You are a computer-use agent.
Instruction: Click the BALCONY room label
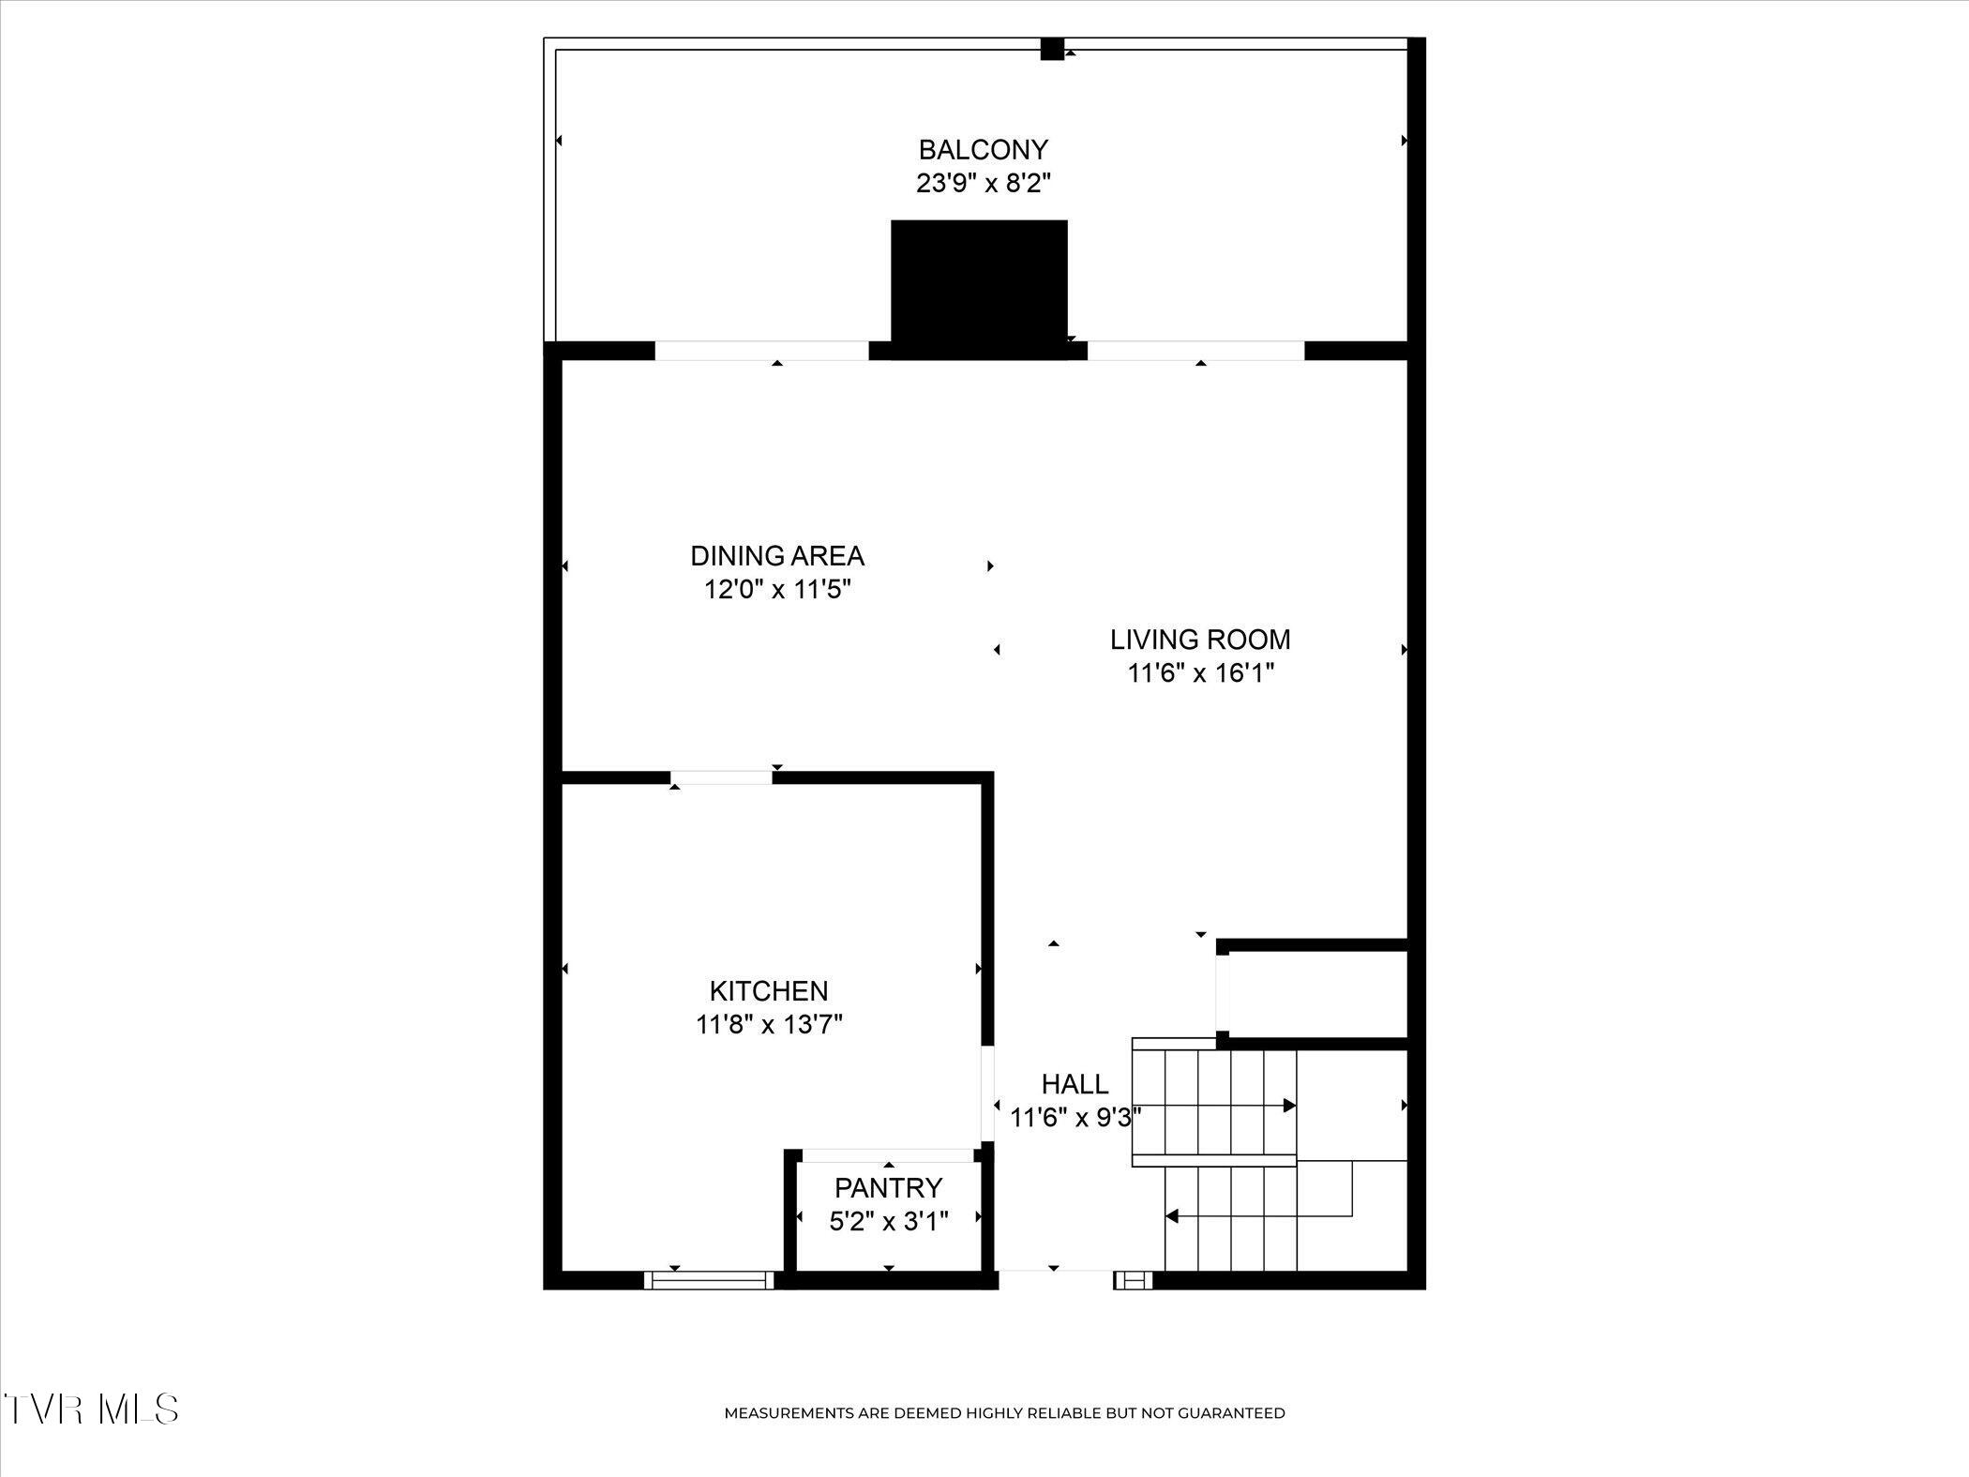click(x=983, y=149)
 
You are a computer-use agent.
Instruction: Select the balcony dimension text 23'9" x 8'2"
click(x=983, y=183)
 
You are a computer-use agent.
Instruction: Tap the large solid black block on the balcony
click(x=979, y=289)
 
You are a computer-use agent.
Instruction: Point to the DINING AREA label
click(x=777, y=556)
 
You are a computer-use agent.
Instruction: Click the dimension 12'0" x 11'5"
click(x=777, y=590)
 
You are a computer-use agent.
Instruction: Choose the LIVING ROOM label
click(x=1200, y=640)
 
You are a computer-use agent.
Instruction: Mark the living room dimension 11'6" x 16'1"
click(x=1200, y=673)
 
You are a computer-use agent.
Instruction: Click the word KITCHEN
click(x=769, y=990)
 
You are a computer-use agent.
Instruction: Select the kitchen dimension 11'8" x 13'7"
click(x=769, y=1024)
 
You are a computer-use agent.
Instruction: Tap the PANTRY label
click(x=888, y=1188)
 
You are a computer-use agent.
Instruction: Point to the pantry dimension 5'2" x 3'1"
click(x=889, y=1221)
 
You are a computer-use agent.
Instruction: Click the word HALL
click(x=1075, y=1084)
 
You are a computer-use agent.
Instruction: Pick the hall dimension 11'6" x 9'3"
click(x=1075, y=1118)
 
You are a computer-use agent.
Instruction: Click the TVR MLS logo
click(x=91, y=1409)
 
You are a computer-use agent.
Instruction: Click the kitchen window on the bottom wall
click(x=710, y=1280)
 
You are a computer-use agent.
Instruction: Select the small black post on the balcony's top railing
click(x=1052, y=49)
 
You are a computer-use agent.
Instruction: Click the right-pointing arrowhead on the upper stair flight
click(x=1289, y=1106)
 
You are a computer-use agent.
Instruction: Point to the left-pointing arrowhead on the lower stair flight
click(x=1171, y=1216)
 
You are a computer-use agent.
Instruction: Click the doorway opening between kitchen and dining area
click(x=721, y=777)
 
